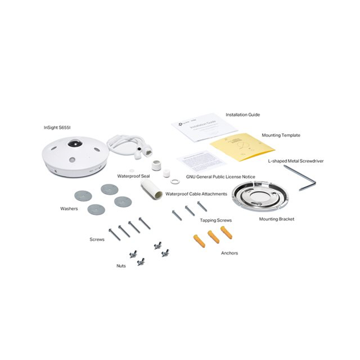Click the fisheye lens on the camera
tap(75, 144)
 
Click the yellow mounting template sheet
tap(242, 147)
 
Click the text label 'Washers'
tap(69, 208)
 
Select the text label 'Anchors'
tap(229, 253)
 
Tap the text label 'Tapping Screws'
tap(216, 220)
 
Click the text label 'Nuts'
tap(121, 266)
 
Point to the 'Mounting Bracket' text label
tap(276, 219)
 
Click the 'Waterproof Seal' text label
tap(133, 176)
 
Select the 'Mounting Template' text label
tap(281, 135)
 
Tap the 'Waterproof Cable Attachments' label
tap(196, 194)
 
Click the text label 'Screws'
tap(97, 239)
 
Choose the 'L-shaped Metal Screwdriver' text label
tap(296, 161)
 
